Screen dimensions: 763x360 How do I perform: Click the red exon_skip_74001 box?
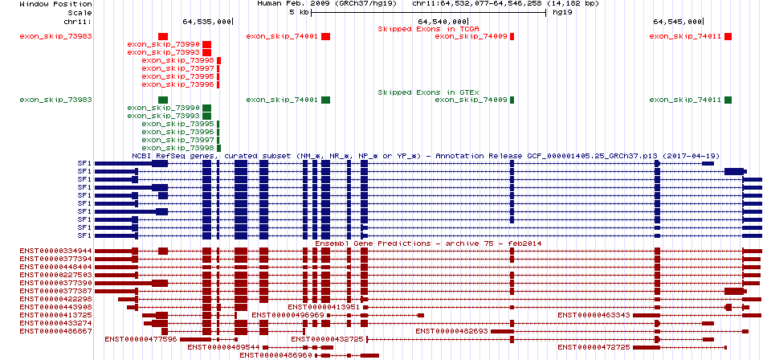tap(325, 36)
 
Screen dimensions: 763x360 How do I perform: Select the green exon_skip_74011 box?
tap(728, 100)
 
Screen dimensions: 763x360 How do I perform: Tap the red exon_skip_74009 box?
tap(512, 36)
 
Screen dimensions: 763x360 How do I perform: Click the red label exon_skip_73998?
tap(178, 60)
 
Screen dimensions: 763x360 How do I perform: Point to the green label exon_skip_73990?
tap(164, 108)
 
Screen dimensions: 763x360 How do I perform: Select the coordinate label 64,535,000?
tap(206, 22)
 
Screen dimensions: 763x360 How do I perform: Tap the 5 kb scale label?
tap(299, 12)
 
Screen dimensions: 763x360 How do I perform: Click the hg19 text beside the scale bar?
tap(561, 12)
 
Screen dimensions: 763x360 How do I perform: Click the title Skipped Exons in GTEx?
tap(429, 92)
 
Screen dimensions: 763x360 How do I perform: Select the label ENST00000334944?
tap(56, 251)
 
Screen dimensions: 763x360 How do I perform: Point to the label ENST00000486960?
tap(276, 356)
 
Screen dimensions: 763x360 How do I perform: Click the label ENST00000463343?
tap(594, 315)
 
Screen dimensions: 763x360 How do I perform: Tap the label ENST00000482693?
tap(452, 331)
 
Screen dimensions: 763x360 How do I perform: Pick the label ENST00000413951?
tap(324, 307)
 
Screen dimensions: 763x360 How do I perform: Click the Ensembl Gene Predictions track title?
tap(429, 243)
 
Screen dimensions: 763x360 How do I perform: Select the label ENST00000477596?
tap(141, 339)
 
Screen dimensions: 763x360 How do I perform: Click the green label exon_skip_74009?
tap(471, 100)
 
